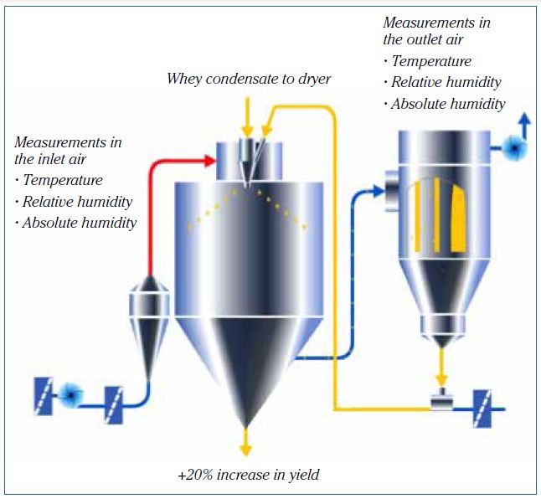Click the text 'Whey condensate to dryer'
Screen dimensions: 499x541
249,80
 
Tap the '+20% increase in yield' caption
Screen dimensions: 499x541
249,475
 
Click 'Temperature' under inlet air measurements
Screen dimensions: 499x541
63,180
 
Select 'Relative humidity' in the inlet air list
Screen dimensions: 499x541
77,202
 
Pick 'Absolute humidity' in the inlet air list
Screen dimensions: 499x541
79,223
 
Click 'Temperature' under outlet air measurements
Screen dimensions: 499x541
431,61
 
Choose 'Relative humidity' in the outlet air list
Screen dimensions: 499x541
446,82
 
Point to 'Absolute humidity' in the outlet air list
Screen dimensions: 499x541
448,104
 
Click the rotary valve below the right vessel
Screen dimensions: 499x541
440,401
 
